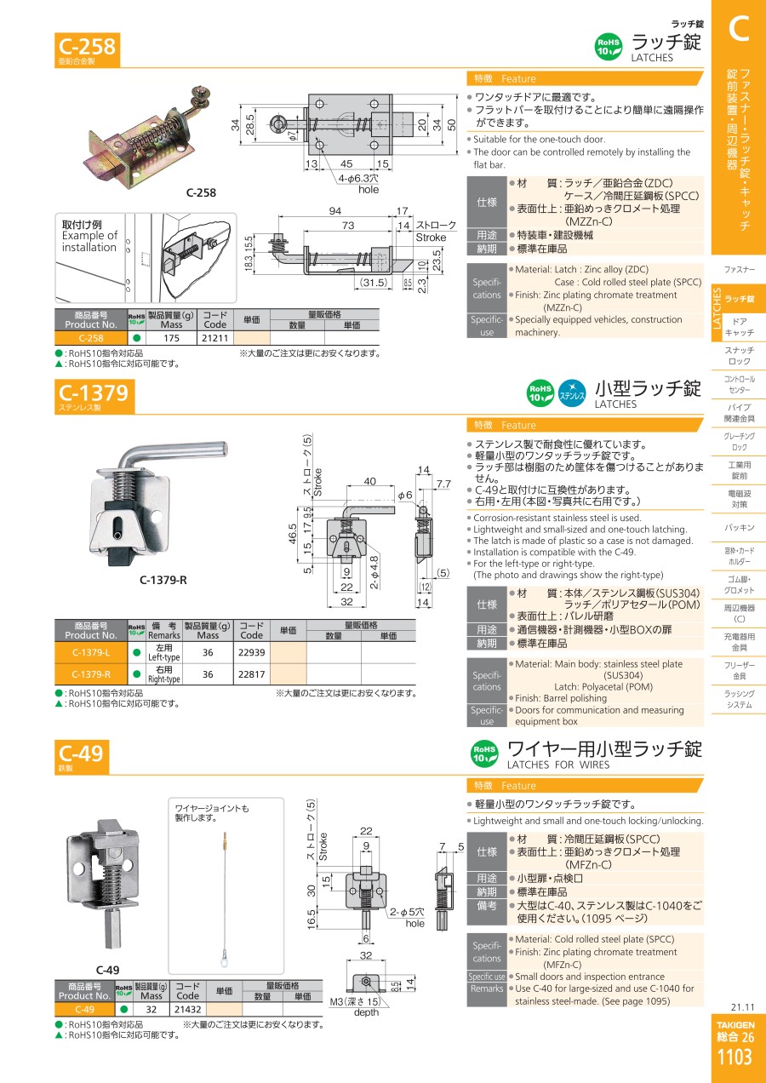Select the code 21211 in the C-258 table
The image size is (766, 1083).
point(215,338)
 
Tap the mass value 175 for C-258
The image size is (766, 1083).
point(172,338)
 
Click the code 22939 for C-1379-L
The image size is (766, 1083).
point(251,652)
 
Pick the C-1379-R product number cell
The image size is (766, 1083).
point(91,674)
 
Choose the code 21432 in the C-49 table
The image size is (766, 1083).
point(187,1009)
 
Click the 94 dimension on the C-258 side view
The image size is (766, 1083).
point(335,211)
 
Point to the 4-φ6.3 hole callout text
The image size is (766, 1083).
point(358,184)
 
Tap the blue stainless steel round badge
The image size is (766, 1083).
point(572,393)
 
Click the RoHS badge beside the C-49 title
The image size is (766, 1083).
point(484,754)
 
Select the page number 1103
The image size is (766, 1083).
point(735,1057)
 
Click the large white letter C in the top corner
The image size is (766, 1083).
point(739,28)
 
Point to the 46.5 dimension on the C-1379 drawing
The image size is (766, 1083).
point(292,534)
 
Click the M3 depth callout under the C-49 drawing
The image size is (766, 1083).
point(356,1006)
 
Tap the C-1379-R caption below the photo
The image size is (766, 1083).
point(163,580)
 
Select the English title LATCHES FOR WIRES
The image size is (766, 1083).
point(558,765)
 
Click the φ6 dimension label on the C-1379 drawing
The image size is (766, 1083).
point(405,495)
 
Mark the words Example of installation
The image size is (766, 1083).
point(89,241)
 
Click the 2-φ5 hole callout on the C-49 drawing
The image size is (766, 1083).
point(408,918)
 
